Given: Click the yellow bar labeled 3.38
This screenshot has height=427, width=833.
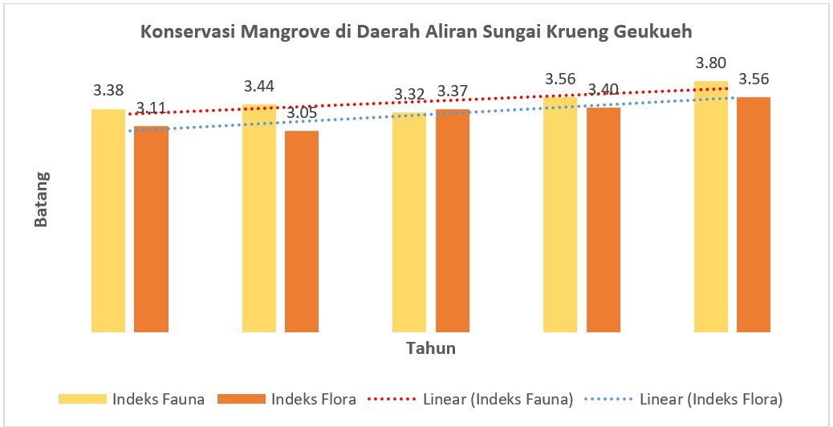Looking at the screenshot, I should [x=108, y=221].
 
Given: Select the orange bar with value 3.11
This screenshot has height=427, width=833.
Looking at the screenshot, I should [x=151, y=229].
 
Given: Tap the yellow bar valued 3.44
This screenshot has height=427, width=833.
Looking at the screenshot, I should [x=258, y=218].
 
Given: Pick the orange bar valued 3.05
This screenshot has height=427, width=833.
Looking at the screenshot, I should [x=302, y=231].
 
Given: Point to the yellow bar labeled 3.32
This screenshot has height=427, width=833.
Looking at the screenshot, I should [x=409, y=222].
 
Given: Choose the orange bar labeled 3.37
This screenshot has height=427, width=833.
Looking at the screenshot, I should [x=453, y=221].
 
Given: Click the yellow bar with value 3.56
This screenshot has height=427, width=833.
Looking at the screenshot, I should [x=560, y=214].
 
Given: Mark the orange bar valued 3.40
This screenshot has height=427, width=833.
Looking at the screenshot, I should [x=603, y=219].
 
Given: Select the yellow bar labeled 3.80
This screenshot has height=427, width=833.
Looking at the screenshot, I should [x=711, y=206].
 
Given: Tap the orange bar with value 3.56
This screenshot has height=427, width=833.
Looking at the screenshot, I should [x=754, y=214].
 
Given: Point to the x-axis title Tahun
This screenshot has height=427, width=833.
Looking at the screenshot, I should [x=431, y=348].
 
